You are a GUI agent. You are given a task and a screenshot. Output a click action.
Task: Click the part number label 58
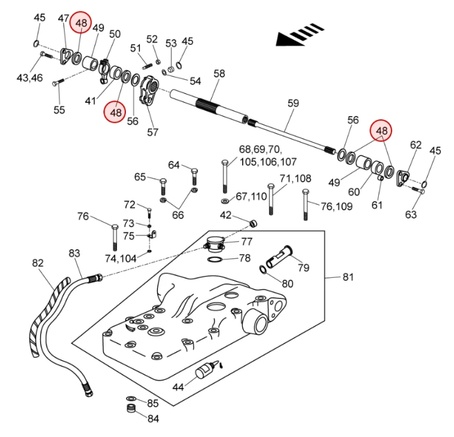coord(219,74)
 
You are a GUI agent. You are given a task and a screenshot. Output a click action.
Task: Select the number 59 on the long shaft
coord(293,103)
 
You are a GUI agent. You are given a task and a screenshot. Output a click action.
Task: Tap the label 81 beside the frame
coord(348,277)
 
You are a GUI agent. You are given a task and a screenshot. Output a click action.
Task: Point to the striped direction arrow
coord(300,34)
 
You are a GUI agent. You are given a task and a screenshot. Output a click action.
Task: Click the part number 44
coord(178,387)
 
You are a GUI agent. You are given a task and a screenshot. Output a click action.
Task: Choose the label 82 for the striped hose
coord(38,263)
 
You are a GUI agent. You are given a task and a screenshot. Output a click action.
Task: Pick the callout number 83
coord(74,253)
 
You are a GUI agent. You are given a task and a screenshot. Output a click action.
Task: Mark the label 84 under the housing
coord(153,418)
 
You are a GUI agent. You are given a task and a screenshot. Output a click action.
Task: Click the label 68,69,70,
coord(260,149)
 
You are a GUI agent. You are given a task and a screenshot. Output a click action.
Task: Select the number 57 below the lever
coord(153,132)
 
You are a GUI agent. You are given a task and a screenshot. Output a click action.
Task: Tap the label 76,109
coord(337,206)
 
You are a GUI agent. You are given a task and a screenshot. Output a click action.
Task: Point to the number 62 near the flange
coord(416,145)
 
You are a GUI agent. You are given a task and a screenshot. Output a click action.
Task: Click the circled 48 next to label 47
coord(81,22)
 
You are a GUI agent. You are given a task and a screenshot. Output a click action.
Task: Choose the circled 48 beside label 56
coord(116,112)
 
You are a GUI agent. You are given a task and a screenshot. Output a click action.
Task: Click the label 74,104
coord(120,258)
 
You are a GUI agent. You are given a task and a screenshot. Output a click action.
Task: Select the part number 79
coord(303,268)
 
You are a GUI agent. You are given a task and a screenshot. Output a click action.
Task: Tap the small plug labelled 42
coord(254,223)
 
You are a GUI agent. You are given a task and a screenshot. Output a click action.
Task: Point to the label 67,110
coord(251,197)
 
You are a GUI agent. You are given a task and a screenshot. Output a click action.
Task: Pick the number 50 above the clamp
coord(114,34)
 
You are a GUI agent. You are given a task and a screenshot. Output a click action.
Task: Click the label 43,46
coord(30,77)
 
